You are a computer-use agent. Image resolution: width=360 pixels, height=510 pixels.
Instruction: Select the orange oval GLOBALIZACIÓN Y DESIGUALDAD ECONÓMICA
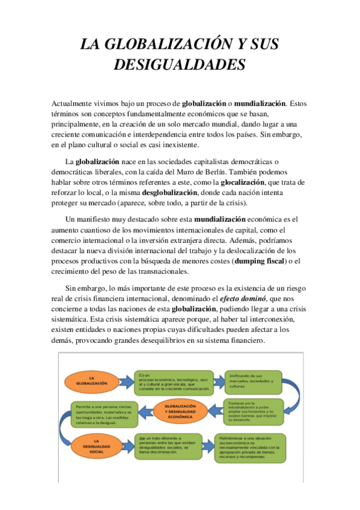click(179, 412)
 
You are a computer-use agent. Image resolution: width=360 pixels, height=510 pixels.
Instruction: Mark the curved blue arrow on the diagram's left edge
click(65, 429)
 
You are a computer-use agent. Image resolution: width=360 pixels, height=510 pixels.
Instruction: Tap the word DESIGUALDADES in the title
click(180, 64)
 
